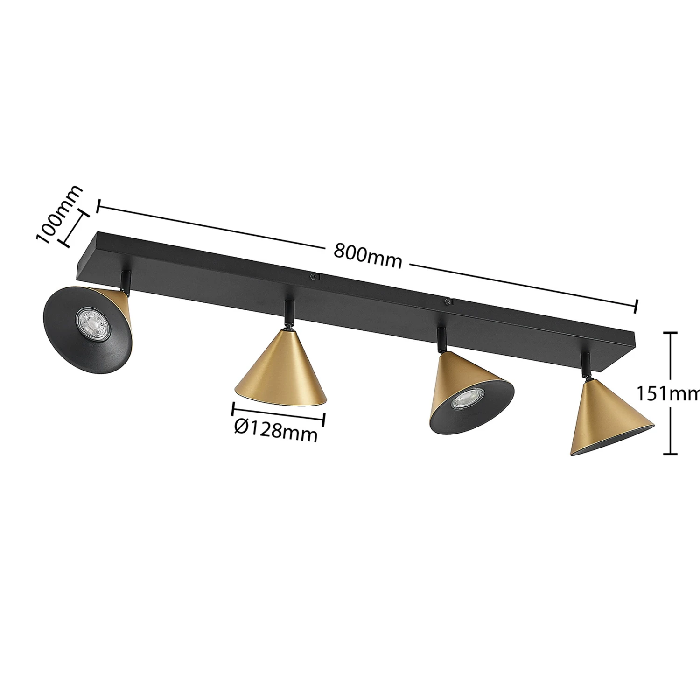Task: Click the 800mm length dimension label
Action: point(368,256)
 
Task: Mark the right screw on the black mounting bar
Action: point(448,302)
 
